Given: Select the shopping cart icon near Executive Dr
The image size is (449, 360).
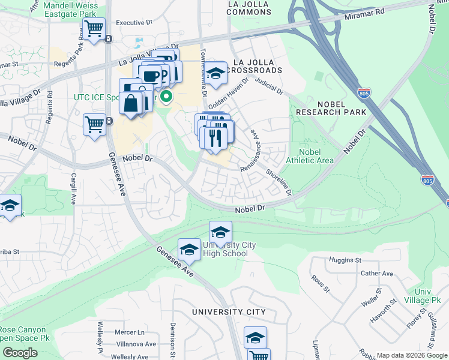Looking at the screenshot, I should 94,28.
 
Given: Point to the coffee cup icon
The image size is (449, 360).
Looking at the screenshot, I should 149,76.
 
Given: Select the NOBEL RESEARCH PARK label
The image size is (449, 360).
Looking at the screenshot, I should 331,107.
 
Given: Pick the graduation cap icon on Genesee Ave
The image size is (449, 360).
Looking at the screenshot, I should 189,250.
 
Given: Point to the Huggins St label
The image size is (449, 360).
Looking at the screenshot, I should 345,260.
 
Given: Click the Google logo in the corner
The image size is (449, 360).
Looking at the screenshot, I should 20,352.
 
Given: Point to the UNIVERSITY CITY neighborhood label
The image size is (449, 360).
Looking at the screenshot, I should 228,312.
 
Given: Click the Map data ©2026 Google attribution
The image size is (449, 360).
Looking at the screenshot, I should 411,355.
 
